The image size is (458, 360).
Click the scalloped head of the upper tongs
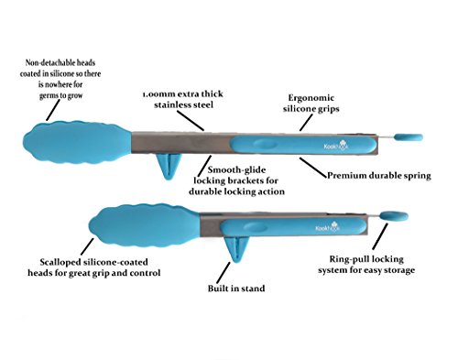click(x=78, y=142)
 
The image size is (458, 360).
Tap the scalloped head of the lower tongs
click(x=145, y=225)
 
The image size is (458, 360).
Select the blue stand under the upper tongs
click(x=169, y=167)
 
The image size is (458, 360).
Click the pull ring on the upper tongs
click(x=409, y=137)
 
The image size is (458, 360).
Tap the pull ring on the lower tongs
click(x=394, y=216)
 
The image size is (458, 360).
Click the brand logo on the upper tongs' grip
click(x=336, y=146)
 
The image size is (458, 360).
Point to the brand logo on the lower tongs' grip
click(x=328, y=228)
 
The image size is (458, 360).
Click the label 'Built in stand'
click(x=236, y=289)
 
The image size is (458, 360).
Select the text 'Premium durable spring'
click(x=379, y=176)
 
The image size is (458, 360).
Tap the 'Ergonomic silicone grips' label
click(x=311, y=104)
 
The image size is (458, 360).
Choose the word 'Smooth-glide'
click(x=236, y=169)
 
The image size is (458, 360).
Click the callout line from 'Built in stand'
click(x=224, y=273)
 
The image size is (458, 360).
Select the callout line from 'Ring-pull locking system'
click(x=380, y=236)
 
